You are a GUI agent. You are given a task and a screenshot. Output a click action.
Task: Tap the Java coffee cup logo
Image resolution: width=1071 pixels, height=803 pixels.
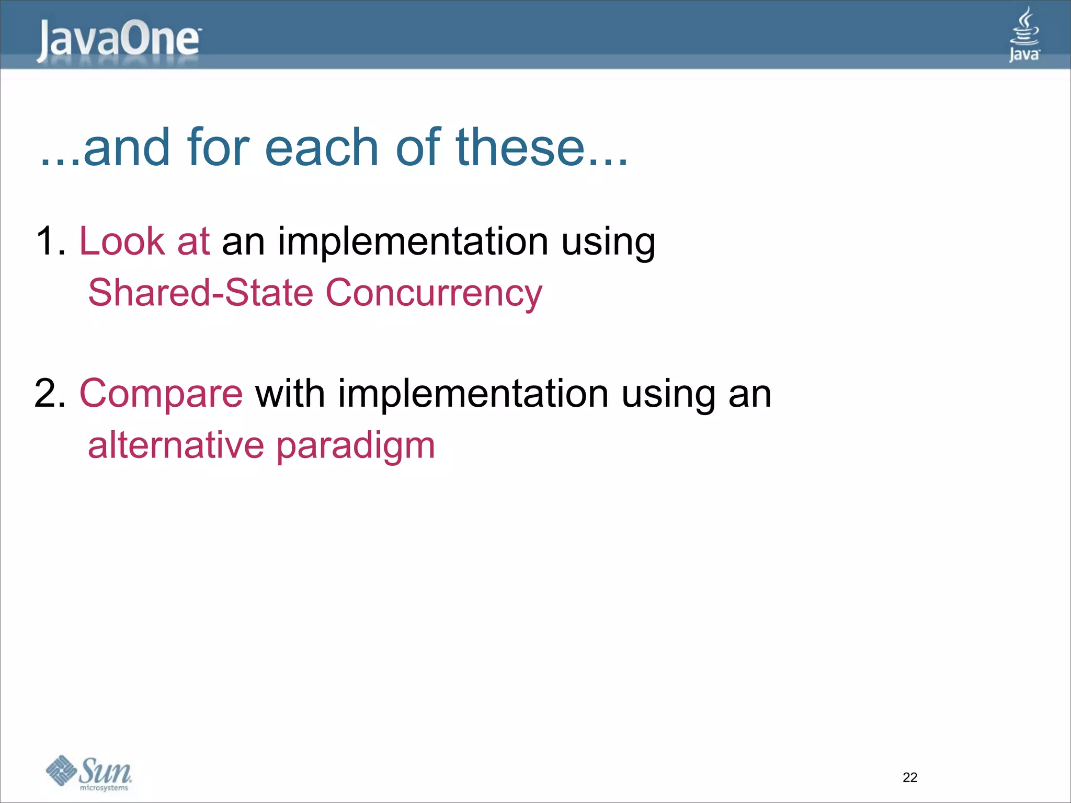(1024, 35)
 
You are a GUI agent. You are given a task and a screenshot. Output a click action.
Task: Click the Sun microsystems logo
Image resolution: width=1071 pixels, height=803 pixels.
(89, 773)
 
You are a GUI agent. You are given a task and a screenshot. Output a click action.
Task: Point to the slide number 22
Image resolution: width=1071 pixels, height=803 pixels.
(910, 777)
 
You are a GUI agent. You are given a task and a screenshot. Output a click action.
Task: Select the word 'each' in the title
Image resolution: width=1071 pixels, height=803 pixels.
(321, 148)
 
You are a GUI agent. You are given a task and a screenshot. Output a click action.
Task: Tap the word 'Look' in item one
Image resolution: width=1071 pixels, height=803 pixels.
(121, 242)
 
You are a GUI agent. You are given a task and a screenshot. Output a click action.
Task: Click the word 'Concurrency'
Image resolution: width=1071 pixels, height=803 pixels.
(434, 293)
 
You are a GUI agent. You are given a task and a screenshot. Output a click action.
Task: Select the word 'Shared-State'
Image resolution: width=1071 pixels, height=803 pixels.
(201, 292)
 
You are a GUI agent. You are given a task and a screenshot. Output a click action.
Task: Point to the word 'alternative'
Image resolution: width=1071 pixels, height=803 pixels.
(176, 445)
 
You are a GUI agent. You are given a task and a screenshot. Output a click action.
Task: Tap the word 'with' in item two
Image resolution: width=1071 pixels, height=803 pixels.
(290, 394)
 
